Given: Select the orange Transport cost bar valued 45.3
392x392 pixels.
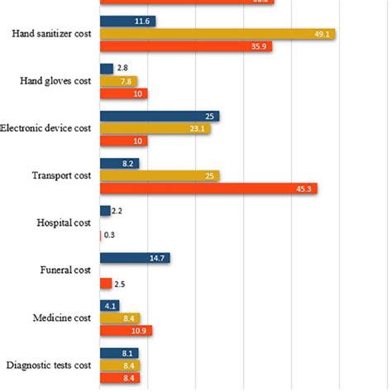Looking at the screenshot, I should pyautogui.click(x=208, y=189).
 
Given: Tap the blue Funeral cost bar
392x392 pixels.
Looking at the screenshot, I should pyautogui.click(x=135, y=258).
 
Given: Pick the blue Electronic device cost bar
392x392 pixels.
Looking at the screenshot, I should pyautogui.click(x=160, y=117).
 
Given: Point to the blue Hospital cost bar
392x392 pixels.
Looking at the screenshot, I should pyautogui.click(x=105, y=211).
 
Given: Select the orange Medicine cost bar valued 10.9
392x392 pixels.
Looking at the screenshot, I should pyautogui.click(x=126, y=331).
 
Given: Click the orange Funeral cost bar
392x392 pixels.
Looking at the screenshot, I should pyautogui.click(x=106, y=284).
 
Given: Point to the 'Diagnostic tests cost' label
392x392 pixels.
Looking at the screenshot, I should pyautogui.click(x=48, y=366).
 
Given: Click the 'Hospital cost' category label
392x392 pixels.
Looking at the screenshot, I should pyautogui.click(x=64, y=223).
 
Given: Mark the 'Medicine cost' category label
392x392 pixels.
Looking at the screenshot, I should pyautogui.click(x=63, y=318).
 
